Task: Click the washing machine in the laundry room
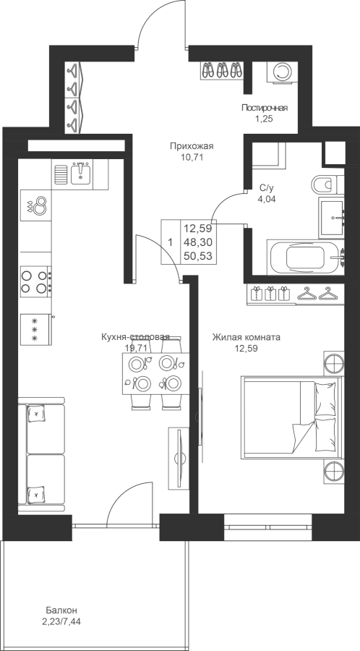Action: [282, 72]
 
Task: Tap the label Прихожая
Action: [192, 145]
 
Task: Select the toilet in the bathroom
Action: [327, 184]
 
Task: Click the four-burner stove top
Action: [35, 281]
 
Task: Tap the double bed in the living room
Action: [292, 417]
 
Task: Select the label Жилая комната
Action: [246, 337]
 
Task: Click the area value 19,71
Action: [136, 348]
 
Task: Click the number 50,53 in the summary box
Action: [198, 256]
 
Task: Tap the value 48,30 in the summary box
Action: [198, 242]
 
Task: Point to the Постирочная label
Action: [265, 109]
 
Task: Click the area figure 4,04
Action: [266, 199]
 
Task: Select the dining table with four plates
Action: [155, 373]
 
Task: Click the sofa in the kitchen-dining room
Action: [41, 456]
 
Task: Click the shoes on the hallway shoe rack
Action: [223, 70]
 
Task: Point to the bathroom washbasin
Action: [331, 217]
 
